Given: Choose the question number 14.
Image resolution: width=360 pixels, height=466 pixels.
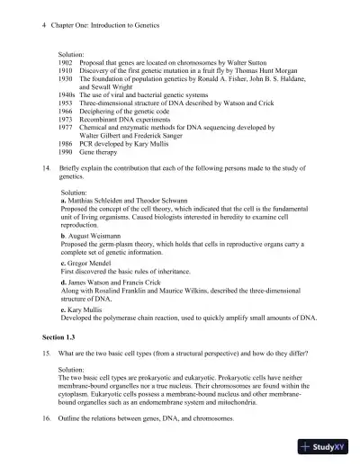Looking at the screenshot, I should pos(47,168).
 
